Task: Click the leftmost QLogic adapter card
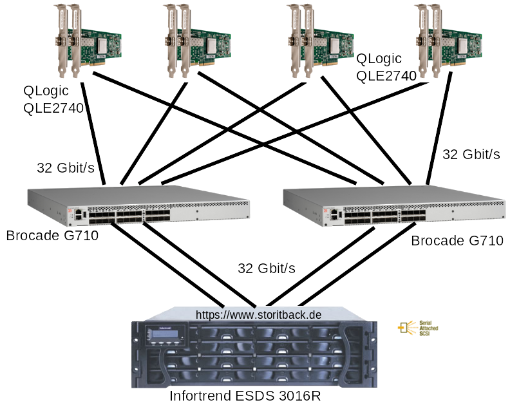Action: pyautogui.click(x=88, y=39)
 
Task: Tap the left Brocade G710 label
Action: pyautogui.click(x=52, y=236)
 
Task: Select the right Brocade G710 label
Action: pyautogui.click(x=457, y=241)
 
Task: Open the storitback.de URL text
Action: pyautogui.click(x=258, y=315)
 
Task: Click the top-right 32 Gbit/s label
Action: pyautogui.click(x=471, y=154)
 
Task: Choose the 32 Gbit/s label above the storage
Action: pyautogui.click(x=267, y=268)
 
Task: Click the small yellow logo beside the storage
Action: pyautogui.click(x=417, y=328)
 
